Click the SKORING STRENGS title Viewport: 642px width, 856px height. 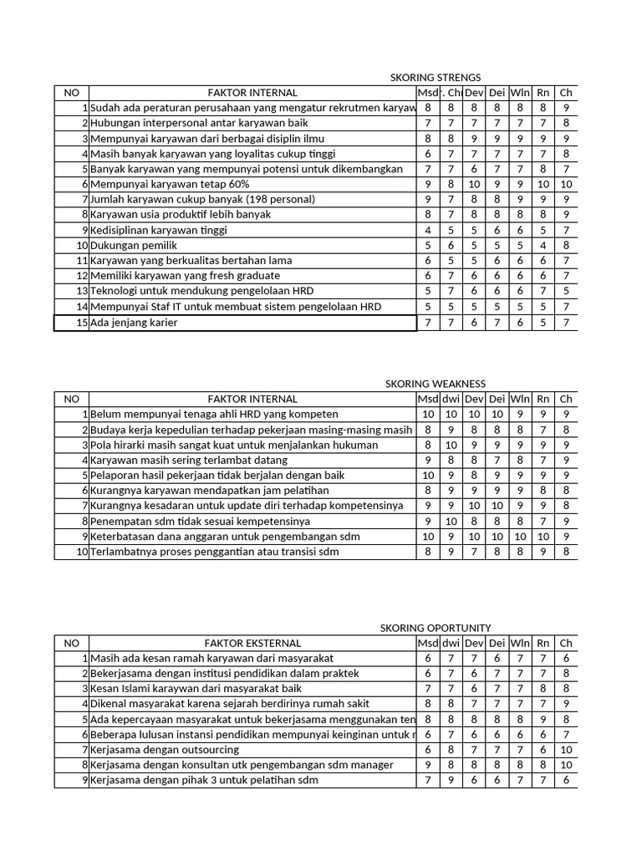tap(436, 77)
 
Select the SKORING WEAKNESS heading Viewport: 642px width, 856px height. tap(435, 384)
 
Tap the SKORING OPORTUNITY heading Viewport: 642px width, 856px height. tap(436, 628)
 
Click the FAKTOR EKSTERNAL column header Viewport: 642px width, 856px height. tap(252, 643)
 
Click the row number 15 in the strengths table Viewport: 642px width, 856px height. tap(82, 323)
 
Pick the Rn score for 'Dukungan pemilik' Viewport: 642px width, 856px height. tap(543, 246)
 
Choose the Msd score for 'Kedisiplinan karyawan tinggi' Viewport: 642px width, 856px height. tap(428, 230)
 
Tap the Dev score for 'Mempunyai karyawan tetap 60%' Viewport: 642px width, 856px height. tap(474, 184)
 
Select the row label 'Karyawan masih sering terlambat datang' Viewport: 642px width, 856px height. tap(189, 460)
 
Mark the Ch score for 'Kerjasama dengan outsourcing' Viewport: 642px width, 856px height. tap(566, 750)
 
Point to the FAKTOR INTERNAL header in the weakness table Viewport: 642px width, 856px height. tap(252, 399)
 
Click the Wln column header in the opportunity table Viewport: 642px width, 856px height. tap(520, 643)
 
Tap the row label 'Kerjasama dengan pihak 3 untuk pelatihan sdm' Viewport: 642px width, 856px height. tap(204, 780)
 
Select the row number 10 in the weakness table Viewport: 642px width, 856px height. tap(82, 552)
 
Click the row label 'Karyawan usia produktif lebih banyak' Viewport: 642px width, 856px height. tap(181, 215)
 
